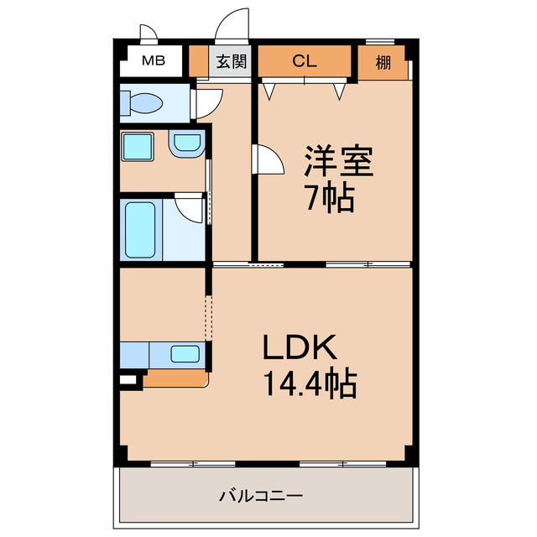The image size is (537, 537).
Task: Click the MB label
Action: pos(152,60)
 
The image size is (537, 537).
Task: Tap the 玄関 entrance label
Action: pos(230,61)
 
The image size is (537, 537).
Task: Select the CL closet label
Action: pos(305,60)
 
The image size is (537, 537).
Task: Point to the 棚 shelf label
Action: pos(383,61)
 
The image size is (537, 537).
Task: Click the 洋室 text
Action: pos(338,160)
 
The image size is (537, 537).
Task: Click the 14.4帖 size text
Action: pos(310,384)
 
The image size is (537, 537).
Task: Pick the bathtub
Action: pos(139,230)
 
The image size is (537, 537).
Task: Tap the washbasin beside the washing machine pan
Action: pos(186,144)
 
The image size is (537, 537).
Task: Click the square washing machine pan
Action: pos(137,145)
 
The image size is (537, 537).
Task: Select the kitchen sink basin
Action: pos(185,353)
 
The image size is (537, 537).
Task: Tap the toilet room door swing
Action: pos(206,102)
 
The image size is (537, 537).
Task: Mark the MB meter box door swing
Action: pos(149,34)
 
